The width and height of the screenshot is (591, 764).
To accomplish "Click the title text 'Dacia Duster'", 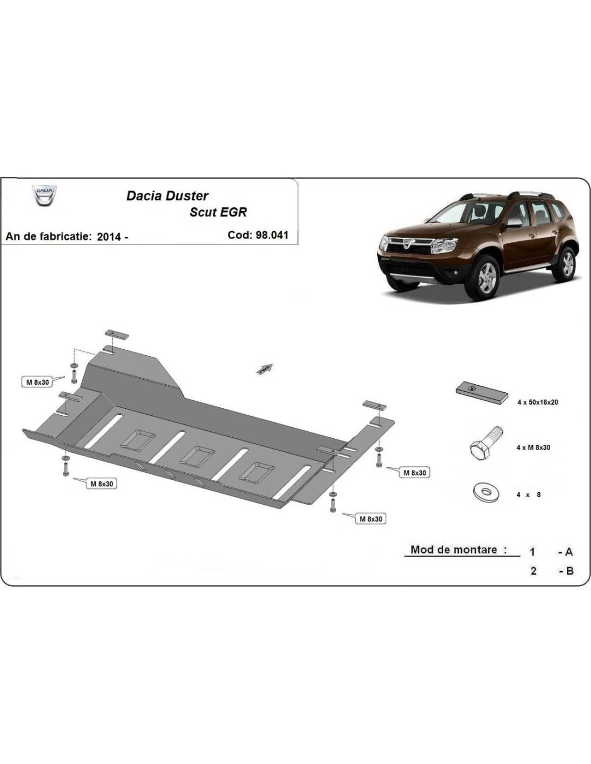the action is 167,196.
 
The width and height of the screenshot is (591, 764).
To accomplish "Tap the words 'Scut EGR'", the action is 218,212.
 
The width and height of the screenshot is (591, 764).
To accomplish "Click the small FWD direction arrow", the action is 265,369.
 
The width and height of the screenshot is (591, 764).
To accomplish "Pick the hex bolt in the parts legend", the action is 486,444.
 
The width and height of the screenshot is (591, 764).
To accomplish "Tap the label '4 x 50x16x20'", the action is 538,402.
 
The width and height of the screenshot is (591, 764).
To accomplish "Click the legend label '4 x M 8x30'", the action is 534,448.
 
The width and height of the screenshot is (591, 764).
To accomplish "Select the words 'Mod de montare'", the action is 454,550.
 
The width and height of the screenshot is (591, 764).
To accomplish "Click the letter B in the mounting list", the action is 570,571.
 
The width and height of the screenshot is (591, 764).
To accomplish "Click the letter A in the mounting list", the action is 569,552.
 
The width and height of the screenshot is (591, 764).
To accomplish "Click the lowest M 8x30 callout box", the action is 371,518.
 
